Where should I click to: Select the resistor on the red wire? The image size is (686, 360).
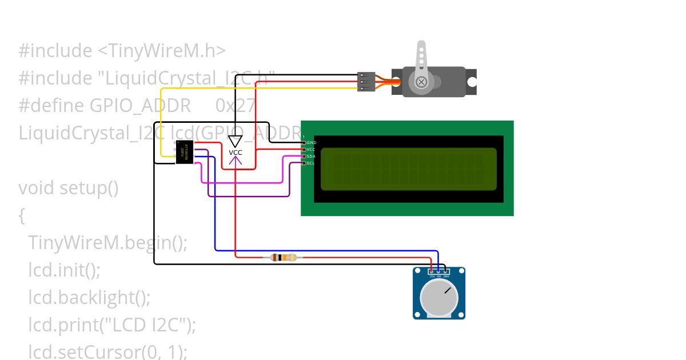coord(284,258)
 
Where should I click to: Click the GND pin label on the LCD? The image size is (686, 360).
coord(311,142)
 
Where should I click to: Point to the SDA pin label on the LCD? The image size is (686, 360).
coord(311,156)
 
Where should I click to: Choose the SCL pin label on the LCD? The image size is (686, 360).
coord(310,163)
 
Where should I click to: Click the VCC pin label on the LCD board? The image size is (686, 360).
coord(311,149)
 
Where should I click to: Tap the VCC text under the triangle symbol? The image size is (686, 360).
coord(236,153)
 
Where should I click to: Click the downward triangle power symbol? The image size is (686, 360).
coord(236,141)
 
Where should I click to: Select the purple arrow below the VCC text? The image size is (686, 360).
coord(236,162)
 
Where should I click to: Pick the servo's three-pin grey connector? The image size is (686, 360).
coord(366,81)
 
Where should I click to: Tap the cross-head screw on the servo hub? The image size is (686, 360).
coord(421,82)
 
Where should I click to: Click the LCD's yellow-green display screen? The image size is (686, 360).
coord(408,169)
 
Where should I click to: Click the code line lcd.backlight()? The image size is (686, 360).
coord(89,298)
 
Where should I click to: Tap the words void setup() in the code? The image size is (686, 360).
coord(69,187)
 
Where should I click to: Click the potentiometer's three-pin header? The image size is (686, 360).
coord(439,272)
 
